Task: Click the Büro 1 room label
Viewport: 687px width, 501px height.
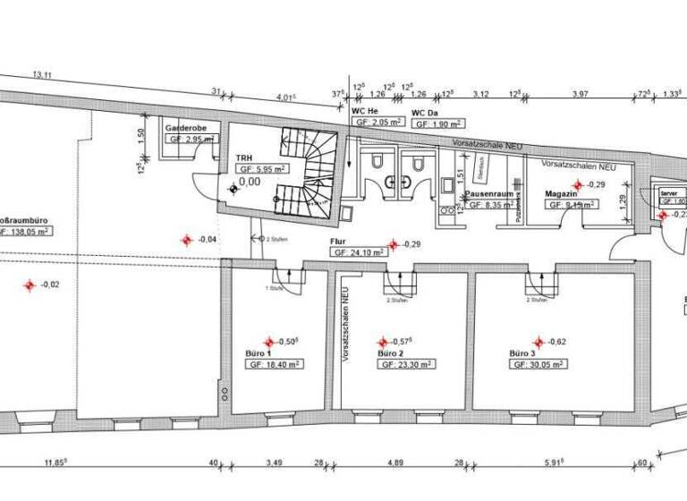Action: pyautogui.click(x=258, y=354)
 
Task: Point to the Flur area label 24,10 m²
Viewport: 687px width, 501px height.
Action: pyautogui.click(x=359, y=253)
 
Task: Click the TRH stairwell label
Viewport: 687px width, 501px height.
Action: pyautogui.click(x=244, y=156)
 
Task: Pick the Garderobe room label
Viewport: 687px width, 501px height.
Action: pyautogui.click(x=186, y=129)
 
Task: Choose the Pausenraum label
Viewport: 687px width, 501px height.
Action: pyautogui.click(x=488, y=193)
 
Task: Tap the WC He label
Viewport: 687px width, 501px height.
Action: pyautogui.click(x=365, y=110)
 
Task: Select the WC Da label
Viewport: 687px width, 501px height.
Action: pyautogui.click(x=424, y=114)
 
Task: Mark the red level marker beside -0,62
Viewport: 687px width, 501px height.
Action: pyautogui.click(x=539, y=342)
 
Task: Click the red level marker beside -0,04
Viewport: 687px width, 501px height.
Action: pyautogui.click(x=186, y=239)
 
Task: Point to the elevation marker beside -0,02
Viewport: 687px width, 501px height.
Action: pyautogui.click(x=29, y=284)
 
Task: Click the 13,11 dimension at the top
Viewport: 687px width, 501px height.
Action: pyautogui.click(x=42, y=75)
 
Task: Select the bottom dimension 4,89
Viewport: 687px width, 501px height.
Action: pyautogui.click(x=394, y=463)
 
